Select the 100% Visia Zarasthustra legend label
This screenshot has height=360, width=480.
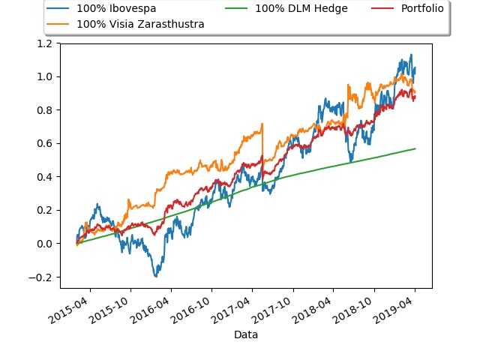pos(140,24)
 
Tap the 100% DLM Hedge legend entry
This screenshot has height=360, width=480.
pos(299,9)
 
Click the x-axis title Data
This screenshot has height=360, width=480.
pos(246,334)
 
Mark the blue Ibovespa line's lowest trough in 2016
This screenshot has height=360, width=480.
pos(156,277)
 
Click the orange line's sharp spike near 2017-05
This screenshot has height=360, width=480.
pos(262,124)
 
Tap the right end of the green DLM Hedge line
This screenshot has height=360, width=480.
pos(415,148)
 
